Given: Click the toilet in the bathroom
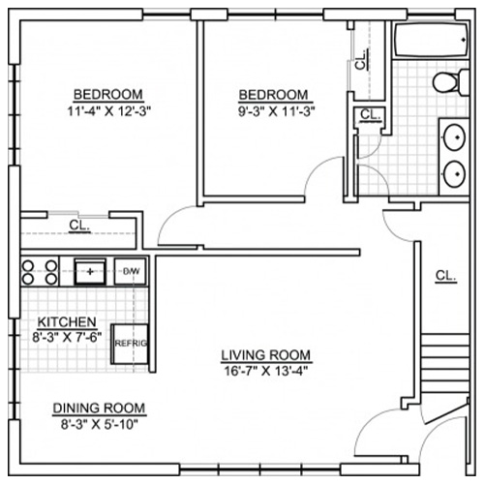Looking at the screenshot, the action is pyautogui.click(x=450, y=82).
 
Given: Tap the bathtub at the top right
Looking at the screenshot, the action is pyautogui.click(x=431, y=40).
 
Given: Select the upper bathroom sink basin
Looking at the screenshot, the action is pyautogui.click(x=455, y=137).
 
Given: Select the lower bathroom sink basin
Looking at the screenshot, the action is pyautogui.click(x=455, y=174).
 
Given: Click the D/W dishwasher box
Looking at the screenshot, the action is pyautogui.click(x=131, y=271).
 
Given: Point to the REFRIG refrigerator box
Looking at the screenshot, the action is pyautogui.click(x=130, y=344).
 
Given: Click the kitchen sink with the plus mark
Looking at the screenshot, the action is pyautogui.click(x=90, y=272).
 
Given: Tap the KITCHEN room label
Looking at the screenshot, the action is pyautogui.click(x=67, y=321).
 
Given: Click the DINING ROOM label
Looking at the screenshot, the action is pyautogui.click(x=99, y=408).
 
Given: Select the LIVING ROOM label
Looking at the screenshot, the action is pyautogui.click(x=266, y=355).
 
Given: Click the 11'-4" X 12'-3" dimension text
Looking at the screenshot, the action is pyautogui.click(x=109, y=111).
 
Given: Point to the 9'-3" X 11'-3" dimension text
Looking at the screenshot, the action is pyautogui.click(x=277, y=111).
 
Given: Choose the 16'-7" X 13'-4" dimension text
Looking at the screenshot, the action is pyautogui.click(x=266, y=371).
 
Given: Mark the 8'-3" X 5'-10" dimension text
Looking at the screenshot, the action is pyautogui.click(x=100, y=424).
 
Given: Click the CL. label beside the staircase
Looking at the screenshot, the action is pyautogui.click(x=445, y=276).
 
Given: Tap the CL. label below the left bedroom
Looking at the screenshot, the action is pyautogui.click(x=79, y=225).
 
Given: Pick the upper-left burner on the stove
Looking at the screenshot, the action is pyautogui.click(x=28, y=266).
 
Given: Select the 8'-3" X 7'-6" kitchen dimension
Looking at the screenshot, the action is pyautogui.click(x=67, y=337).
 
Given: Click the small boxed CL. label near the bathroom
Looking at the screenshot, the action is pyautogui.click(x=370, y=114).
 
